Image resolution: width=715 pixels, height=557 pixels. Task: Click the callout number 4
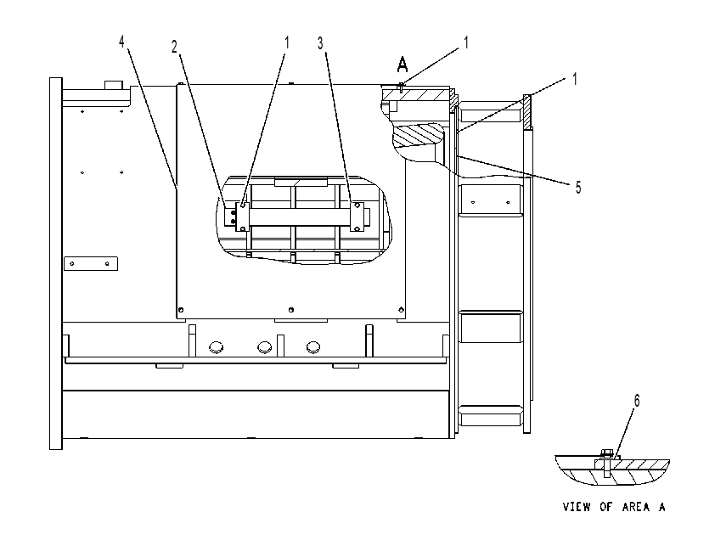[121, 42]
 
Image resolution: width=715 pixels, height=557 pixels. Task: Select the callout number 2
[174, 47]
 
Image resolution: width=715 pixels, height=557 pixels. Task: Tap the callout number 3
[321, 44]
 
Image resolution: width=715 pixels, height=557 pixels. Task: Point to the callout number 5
[578, 188]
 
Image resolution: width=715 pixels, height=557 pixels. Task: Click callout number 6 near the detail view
[637, 401]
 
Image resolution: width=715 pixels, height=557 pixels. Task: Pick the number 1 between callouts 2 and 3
[287, 42]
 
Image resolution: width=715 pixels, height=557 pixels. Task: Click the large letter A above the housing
[403, 65]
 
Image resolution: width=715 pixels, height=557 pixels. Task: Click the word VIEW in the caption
[577, 507]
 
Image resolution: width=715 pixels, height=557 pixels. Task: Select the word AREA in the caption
[636, 507]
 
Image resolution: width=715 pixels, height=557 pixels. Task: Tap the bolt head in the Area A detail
[606, 453]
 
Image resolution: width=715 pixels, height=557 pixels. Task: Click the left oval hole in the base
[217, 347]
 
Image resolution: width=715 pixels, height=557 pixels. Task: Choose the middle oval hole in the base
[264, 347]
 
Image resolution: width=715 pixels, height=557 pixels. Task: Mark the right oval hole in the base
[313, 347]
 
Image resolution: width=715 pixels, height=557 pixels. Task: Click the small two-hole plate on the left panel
[91, 263]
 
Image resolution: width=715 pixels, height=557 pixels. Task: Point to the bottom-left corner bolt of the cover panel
[181, 310]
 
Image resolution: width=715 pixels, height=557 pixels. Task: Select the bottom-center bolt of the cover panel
[291, 310]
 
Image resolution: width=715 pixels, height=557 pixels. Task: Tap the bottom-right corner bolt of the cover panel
[401, 310]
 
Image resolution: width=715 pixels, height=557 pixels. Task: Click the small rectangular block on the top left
[114, 85]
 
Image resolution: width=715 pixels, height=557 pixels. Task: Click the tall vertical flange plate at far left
[56, 263]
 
